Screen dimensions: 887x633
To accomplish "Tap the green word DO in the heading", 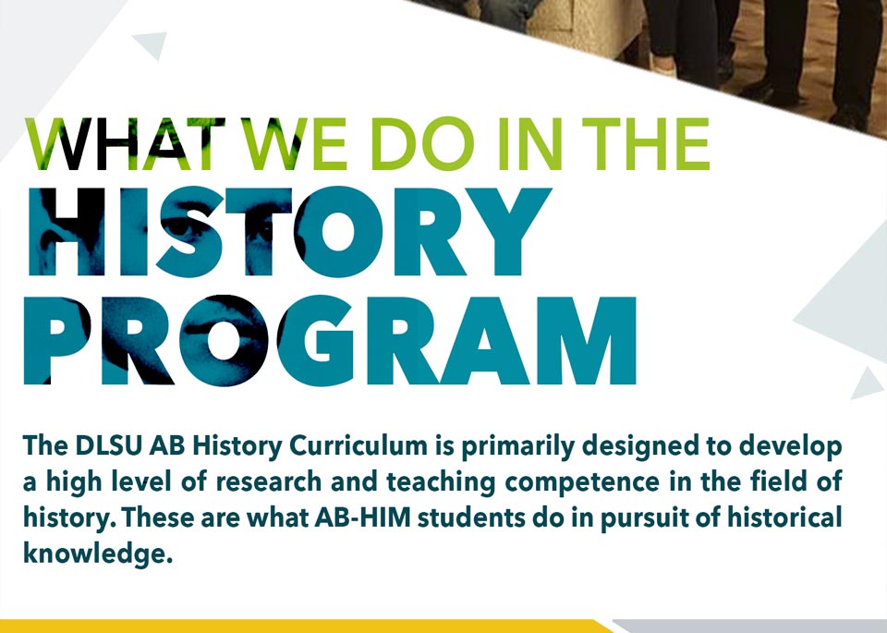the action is click(x=422, y=143).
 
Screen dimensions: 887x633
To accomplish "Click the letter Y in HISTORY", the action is click(x=509, y=231).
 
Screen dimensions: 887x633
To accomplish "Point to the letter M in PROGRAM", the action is click(x=588, y=341).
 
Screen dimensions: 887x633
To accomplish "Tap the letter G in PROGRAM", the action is click(x=323, y=341).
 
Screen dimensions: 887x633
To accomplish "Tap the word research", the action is click(x=269, y=482).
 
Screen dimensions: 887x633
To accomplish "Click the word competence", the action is click(x=582, y=483).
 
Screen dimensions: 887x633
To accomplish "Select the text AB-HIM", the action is click(x=362, y=517).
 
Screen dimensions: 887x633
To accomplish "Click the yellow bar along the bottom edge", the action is click(x=306, y=627).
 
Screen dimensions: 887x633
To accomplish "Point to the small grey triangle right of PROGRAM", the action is click(x=867, y=384).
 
